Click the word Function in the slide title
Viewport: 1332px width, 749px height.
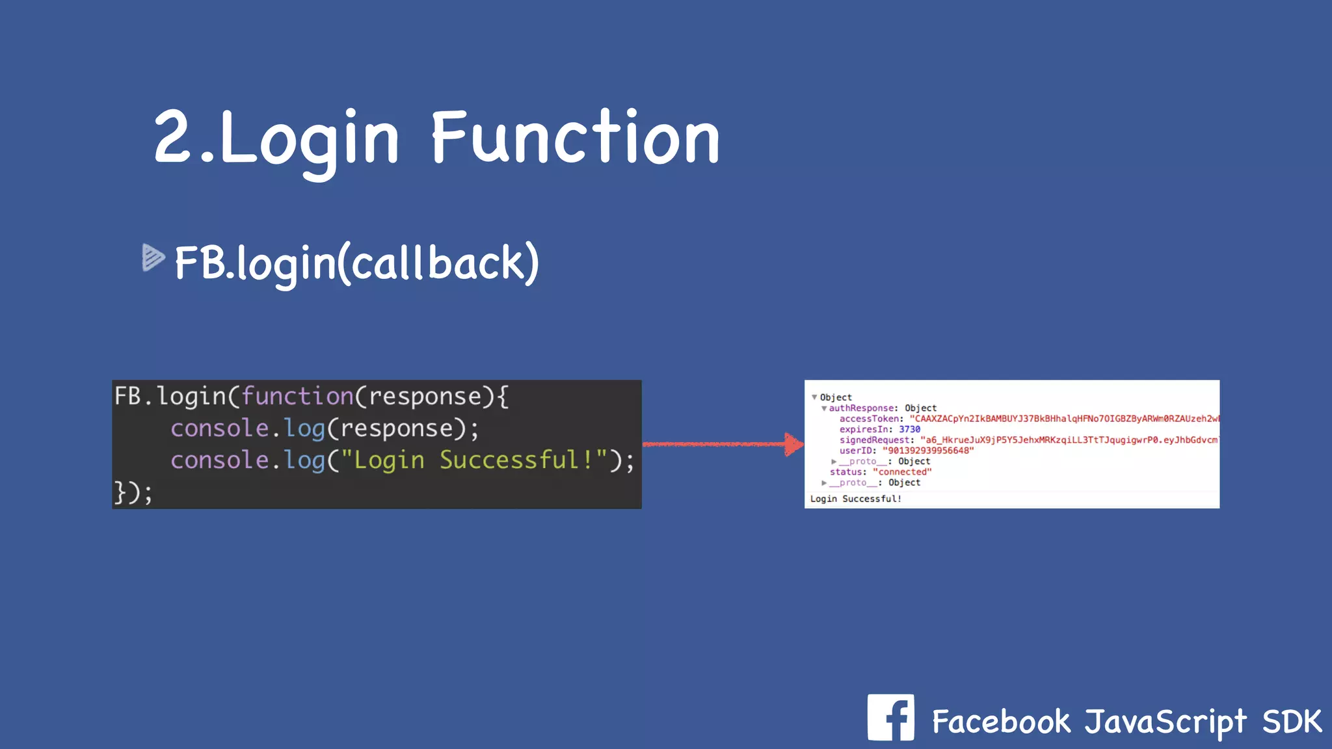coord(576,138)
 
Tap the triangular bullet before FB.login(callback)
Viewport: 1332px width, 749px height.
coord(153,257)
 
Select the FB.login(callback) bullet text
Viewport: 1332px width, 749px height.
coord(356,263)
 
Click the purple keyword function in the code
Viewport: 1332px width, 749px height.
coord(297,396)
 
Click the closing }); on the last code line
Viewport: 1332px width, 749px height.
coord(133,492)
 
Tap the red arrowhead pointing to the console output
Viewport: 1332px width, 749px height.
coord(793,445)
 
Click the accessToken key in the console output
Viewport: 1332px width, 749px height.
coord(869,419)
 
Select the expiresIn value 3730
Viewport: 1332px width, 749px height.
coord(909,429)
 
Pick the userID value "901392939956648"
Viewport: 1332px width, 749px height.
coord(928,451)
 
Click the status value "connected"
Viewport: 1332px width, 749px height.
coord(902,472)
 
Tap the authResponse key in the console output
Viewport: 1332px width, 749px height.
coord(862,408)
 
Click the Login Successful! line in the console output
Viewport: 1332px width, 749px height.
coord(856,499)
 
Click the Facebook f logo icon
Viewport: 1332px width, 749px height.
coord(890,718)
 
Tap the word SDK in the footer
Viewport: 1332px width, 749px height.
coord(1292,722)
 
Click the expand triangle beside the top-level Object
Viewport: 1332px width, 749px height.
coord(814,397)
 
